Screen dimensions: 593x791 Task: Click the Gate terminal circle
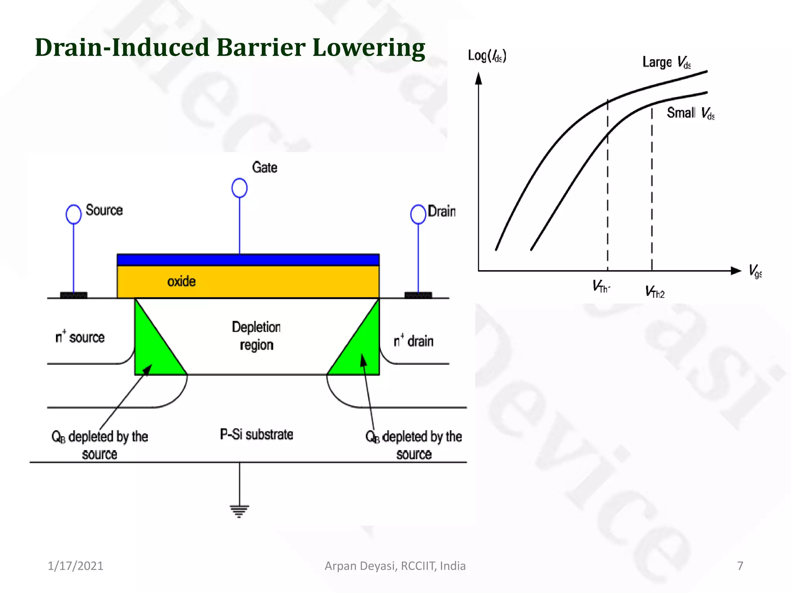pyautogui.click(x=239, y=188)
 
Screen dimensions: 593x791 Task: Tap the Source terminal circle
pyautogui.click(x=73, y=214)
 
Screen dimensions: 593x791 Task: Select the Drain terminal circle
pyautogui.click(x=418, y=214)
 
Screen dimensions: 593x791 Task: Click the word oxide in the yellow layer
pyautogui.click(x=182, y=281)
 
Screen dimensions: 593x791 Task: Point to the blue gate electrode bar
pyautogui.click(x=248, y=260)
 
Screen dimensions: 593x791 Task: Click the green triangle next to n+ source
pyautogui.click(x=153, y=347)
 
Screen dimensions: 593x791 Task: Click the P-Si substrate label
pyautogui.click(x=256, y=434)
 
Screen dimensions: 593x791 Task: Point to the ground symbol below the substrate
pyautogui.click(x=239, y=510)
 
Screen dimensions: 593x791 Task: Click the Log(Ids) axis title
pyautogui.click(x=487, y=56)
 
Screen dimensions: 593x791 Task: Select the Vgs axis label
pyautogui.click(x=755, y=271)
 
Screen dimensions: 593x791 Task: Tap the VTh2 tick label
pyautogui.click(x=655, y=292)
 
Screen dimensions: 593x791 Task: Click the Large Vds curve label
pyautogui.click(x=667, y=62)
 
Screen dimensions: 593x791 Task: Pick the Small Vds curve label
pyautogui.click(x=691, y=113)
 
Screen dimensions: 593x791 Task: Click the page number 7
pyautogui.click(x=740, y=566)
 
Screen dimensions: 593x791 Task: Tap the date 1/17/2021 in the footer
pyautogui.click(x=75, y=566)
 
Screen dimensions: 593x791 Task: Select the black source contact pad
pyautogui.click(x=74, y=295)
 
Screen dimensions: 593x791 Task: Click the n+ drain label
pyautogui.click(x=414, y=341)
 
